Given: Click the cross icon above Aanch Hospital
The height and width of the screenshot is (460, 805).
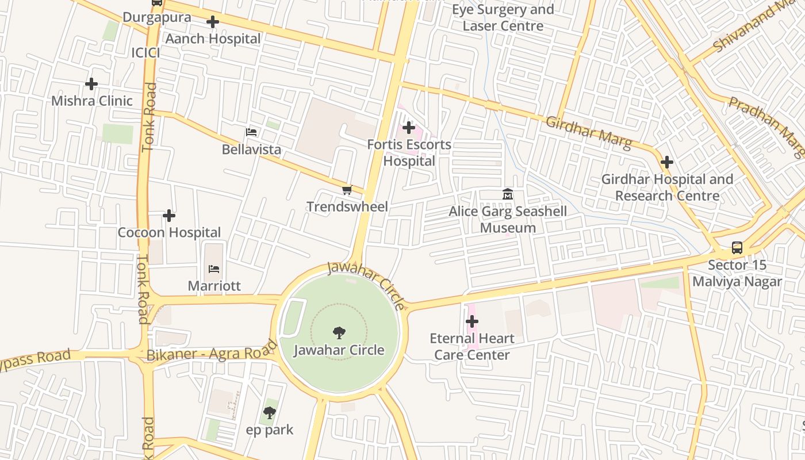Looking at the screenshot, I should [213, 22].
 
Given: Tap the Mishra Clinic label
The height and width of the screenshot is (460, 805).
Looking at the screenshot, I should [92, 101].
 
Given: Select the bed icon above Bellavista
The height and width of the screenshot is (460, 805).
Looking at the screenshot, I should [251, 132].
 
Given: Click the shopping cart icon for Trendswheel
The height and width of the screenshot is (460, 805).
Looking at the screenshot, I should [347, 190].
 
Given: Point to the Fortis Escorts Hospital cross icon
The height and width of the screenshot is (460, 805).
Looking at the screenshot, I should [409, 127].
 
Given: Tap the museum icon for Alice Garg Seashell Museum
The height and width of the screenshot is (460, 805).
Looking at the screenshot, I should [508, 194].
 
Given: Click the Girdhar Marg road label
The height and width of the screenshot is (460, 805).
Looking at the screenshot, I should [588, 132].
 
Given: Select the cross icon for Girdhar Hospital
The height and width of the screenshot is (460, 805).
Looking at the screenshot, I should [667, 162].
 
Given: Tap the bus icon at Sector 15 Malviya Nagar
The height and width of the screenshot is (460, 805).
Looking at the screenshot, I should [737, 248].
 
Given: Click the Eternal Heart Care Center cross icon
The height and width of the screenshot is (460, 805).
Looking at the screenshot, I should [472, 321].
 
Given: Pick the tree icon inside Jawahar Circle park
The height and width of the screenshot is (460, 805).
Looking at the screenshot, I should [339, 332].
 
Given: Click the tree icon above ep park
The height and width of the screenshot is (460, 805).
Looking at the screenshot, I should [269, 412].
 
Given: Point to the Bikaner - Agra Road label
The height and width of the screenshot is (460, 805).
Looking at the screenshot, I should [212, 352].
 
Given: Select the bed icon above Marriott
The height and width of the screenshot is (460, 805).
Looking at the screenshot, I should [214, 269].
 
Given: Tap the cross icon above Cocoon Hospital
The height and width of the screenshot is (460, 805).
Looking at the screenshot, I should [169, 216].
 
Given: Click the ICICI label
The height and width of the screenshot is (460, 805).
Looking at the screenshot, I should [146, 53].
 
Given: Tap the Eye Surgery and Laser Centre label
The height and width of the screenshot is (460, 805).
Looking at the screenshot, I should [503, 18].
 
